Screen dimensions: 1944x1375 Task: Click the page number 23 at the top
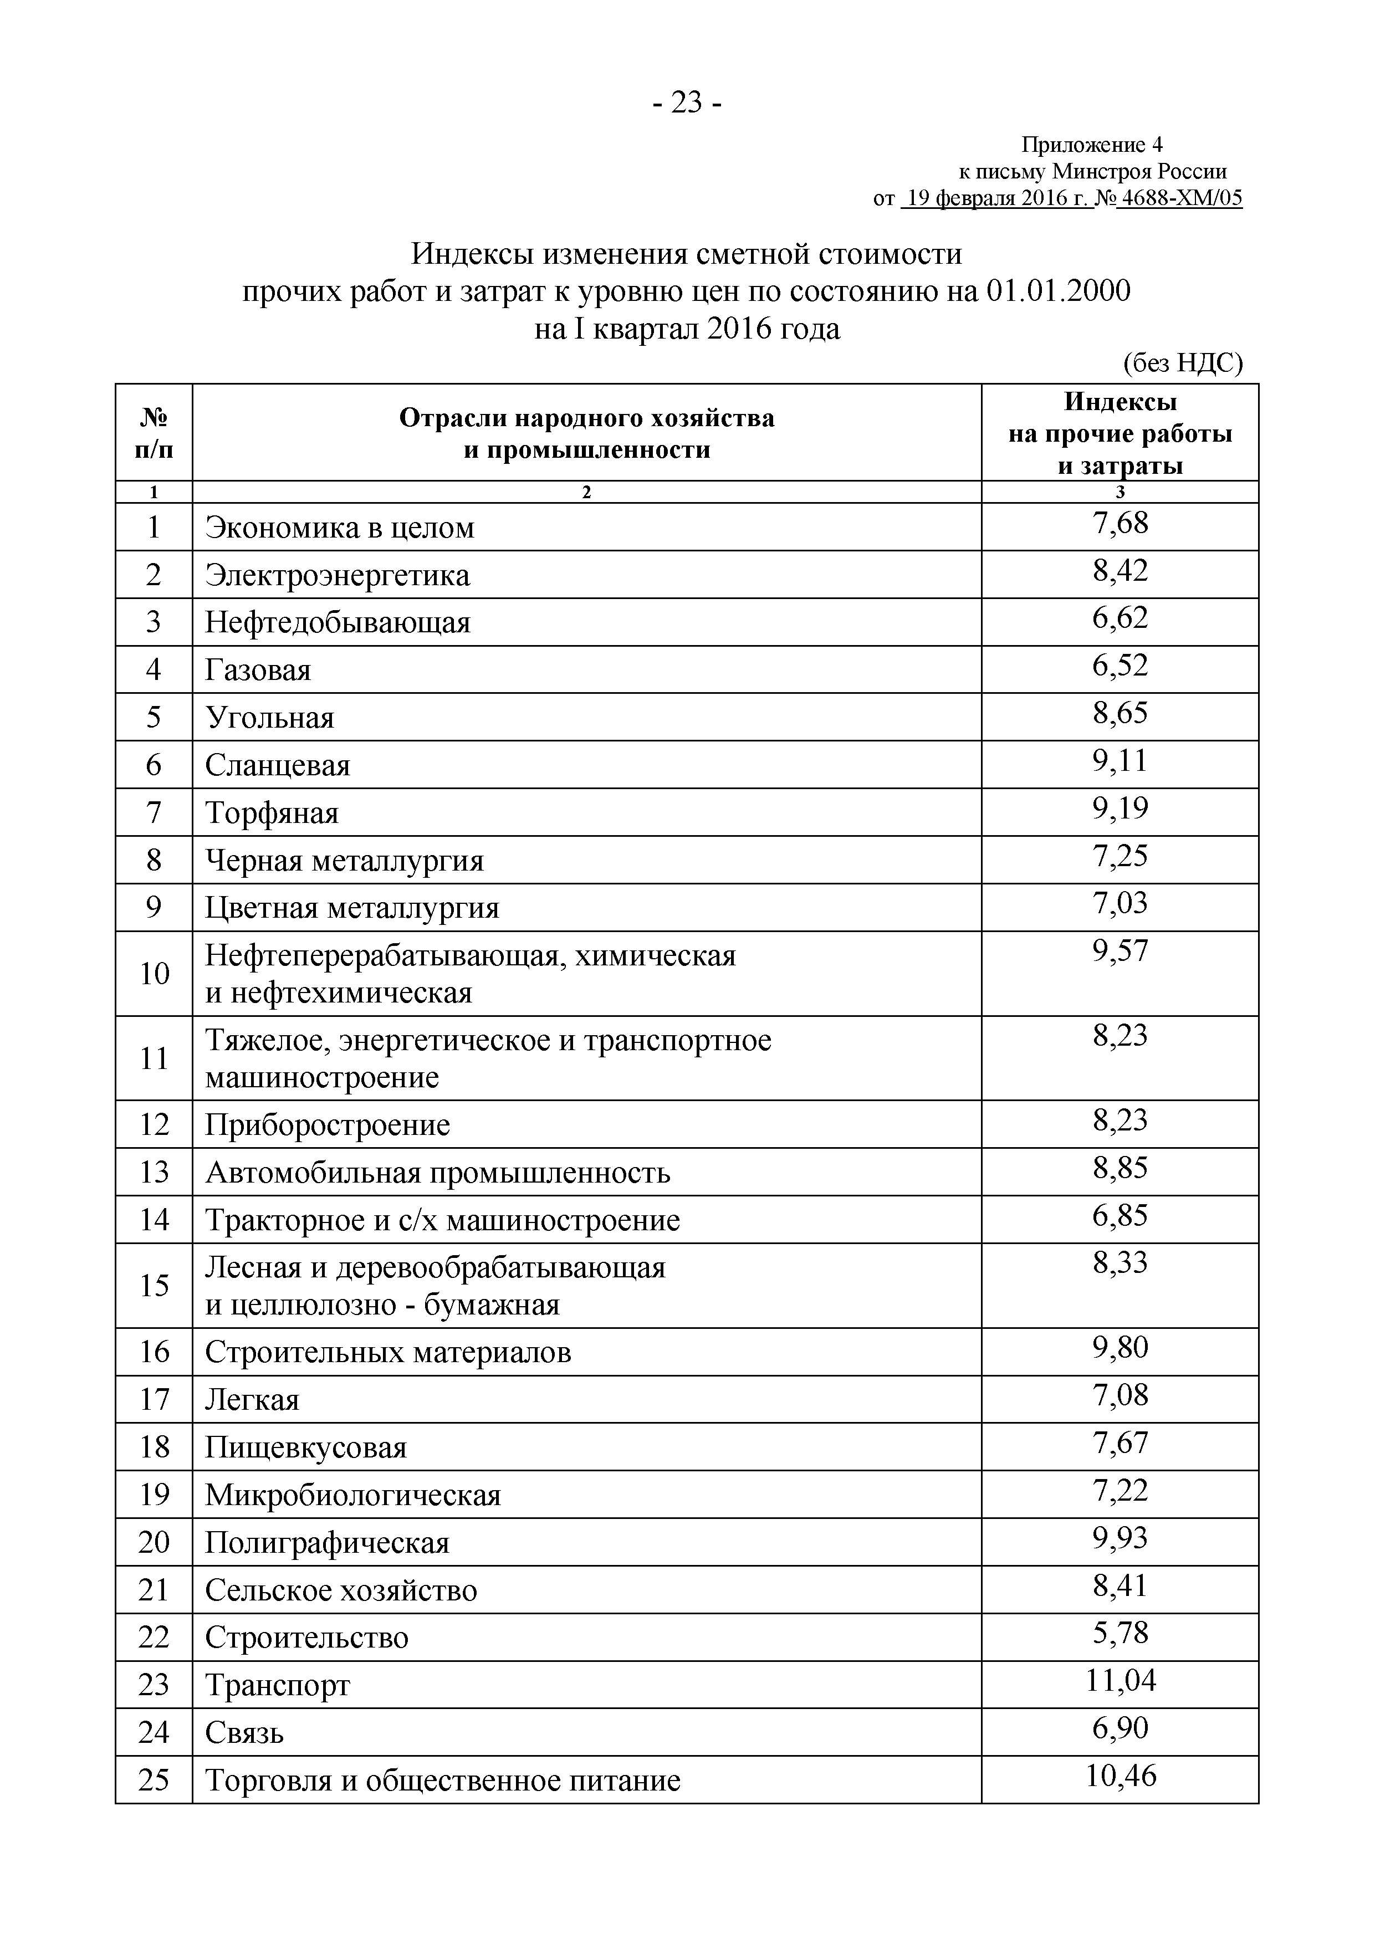(x=687, y=103)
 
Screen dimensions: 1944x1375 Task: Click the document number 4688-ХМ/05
(x=1179, y=198)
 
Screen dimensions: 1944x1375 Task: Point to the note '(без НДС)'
(x=1182, y=363)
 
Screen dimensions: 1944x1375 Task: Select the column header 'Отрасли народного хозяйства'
(x=586, y=418)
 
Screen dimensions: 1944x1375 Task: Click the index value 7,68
(x=1120, y=523)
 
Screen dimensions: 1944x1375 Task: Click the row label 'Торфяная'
(x=271, y=813)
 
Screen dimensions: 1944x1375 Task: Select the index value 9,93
(x=1120, y=1538)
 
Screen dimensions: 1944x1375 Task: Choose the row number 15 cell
(x=154, y=1285)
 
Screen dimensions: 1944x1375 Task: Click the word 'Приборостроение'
(x=327, y=1126)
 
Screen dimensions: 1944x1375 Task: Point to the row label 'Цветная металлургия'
(x=351, y=908)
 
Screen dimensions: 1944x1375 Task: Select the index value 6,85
(x=1120, y=1216)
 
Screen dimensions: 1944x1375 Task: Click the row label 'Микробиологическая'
(x=352, y=1495)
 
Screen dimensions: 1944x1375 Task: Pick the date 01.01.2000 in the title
(x=1057, y=291)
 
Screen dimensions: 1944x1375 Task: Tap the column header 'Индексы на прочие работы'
(x=1120, y=433)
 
